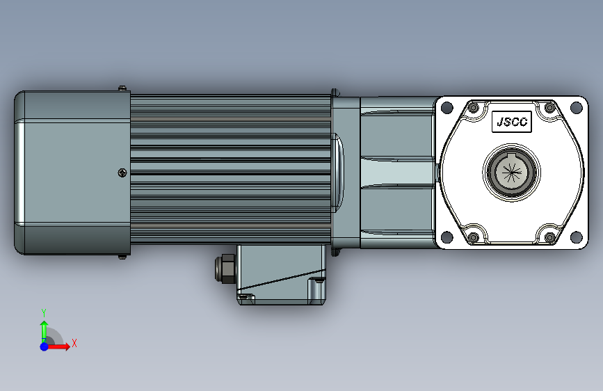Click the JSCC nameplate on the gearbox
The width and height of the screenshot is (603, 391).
click(x=511, y=122)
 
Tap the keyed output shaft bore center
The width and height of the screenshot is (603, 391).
click(x=511, y=172)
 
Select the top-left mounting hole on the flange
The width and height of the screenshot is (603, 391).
click(x=447, y=108)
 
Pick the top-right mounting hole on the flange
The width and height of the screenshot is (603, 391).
click(x=576, y=108)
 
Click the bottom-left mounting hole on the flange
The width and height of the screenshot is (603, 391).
click(x=447, y=237)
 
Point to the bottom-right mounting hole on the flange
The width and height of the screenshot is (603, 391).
click(x=576, y=237)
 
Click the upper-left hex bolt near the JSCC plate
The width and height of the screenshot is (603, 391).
click(x=474, y=108)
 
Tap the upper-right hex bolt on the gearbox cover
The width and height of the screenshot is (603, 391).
click(x=549, y=108)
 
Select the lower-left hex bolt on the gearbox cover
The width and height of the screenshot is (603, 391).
click(x=474, y=237)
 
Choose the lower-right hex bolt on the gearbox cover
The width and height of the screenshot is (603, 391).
click(x=549, y=237)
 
